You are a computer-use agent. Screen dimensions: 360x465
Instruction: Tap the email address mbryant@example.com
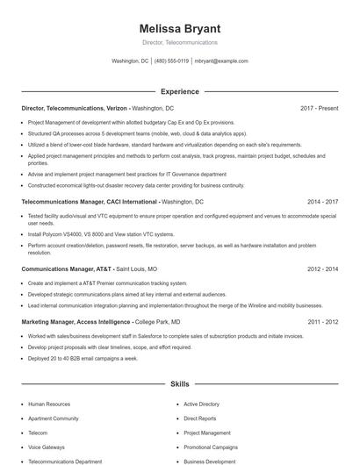pyautogui.click(x=220, y=61)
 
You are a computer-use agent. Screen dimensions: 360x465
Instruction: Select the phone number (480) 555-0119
pyautogui.click(x=171, y=61)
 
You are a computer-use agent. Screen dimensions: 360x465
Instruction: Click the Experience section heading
pyautogui.click(x=179, y=91)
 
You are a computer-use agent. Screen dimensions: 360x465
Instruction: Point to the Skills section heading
pyautogui.click(x=179, y=384)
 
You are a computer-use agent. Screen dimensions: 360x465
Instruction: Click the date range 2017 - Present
pyautogui.click(x=319, y=108)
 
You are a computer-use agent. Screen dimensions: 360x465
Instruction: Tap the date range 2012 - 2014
pyautogui.click(x=322, y=269)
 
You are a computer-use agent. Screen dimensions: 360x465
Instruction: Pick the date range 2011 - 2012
pyautogui.click(x=322, y=322)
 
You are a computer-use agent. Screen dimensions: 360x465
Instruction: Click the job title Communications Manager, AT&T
pyautogui.click(x=67, y=269)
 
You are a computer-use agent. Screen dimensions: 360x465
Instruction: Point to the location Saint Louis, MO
pyautogui.click(x=137, y=269)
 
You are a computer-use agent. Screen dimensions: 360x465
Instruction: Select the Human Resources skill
pyautogui.click(x=49, y=404)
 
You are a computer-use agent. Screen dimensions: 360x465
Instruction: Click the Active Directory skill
pyautogui.click(x=201, y=404)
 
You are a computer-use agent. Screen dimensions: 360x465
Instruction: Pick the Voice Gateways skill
pyautogui.click(x=47, y=447)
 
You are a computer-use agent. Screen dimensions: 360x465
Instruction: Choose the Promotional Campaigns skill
pyautogui.click(x=211, y=447)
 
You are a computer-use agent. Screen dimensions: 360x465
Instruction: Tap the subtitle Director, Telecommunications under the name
pyautogui.click(x=179, y=42)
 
